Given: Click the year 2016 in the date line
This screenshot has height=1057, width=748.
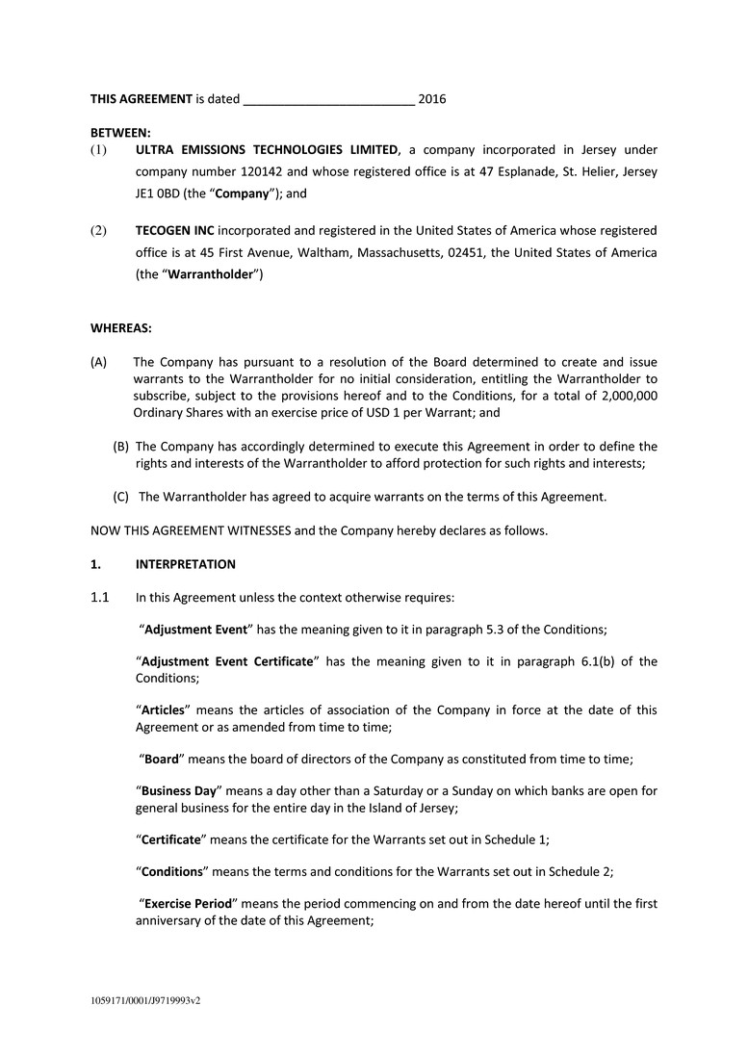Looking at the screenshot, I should pyautogui.click(x=432, y=98).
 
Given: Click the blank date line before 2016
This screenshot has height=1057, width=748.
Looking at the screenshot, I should pyautogui.click(x=329, y=100).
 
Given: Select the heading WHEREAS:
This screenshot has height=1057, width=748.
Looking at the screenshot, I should pyautogui.click(x=121, y=328).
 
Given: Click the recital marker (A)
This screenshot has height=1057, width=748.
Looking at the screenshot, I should pyautogui.click(x=99, y=362).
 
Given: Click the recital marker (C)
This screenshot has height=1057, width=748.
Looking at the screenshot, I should pyautogui.click(x=121, y=497).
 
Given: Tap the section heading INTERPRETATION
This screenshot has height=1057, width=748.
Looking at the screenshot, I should pyautogui.click(x=186, y=564).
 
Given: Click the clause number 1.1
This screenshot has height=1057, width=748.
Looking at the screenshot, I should pyautogui.click(x=100, y=597).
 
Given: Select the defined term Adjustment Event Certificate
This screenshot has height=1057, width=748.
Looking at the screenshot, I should pyautogui.click(x=228, y=661).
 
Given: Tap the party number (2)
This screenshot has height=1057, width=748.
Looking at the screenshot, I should pyautogui.click(x=99, y=230).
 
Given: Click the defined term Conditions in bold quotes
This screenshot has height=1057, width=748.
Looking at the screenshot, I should pyautogui.click(x=172, y=871).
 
